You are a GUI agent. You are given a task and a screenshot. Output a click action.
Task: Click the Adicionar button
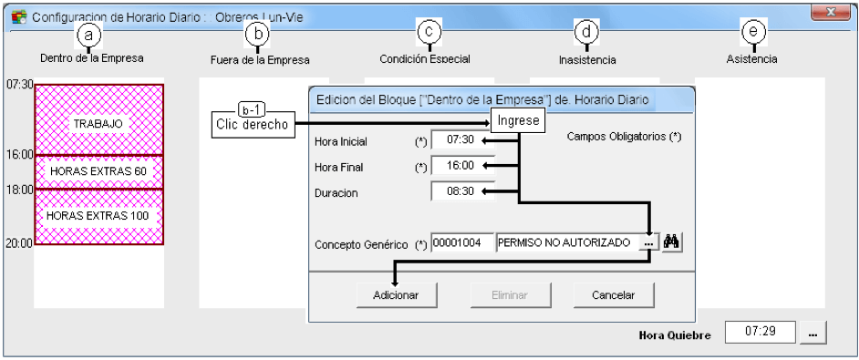(396, 295)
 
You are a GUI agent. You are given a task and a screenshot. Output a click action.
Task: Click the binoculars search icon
(671, 242)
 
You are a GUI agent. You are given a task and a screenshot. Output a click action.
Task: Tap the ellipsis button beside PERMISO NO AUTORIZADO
(648, 242)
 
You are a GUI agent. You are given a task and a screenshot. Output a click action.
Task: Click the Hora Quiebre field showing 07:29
(760, 332)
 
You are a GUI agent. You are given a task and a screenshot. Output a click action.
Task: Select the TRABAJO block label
(98, 124)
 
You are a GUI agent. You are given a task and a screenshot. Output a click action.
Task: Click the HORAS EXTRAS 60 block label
(98, 171)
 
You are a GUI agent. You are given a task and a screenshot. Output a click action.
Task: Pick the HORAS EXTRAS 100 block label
(98, 215)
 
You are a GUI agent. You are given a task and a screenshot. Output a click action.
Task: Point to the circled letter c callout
(429, 32)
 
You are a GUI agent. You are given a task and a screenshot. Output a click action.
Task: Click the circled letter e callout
(753, 32)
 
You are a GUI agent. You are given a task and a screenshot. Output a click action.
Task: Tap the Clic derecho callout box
(252, 124)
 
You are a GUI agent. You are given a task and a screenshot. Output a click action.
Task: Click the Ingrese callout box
(518, 120)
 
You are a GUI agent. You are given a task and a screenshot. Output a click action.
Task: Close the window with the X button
(831, 12)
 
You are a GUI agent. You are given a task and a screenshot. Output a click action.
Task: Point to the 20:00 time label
(19, 243)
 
